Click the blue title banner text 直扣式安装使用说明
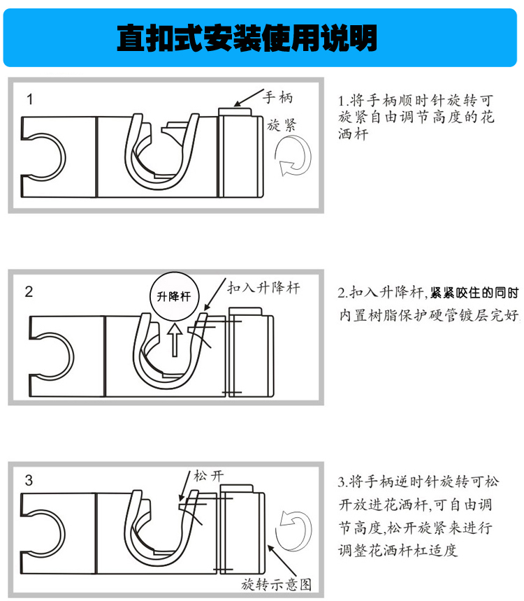247,38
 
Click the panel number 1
30,99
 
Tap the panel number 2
29,291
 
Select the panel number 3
29,480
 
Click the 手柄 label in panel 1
278,97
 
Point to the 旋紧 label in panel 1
282,125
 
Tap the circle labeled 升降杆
175,296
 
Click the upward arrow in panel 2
175,340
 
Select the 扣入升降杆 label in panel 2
263,287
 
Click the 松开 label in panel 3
208,476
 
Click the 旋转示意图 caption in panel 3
276,584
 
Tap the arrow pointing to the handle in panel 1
249,98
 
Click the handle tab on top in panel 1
235,112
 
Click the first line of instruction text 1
416,101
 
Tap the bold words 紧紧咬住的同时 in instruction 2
474,293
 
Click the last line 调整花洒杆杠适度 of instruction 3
398,551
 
